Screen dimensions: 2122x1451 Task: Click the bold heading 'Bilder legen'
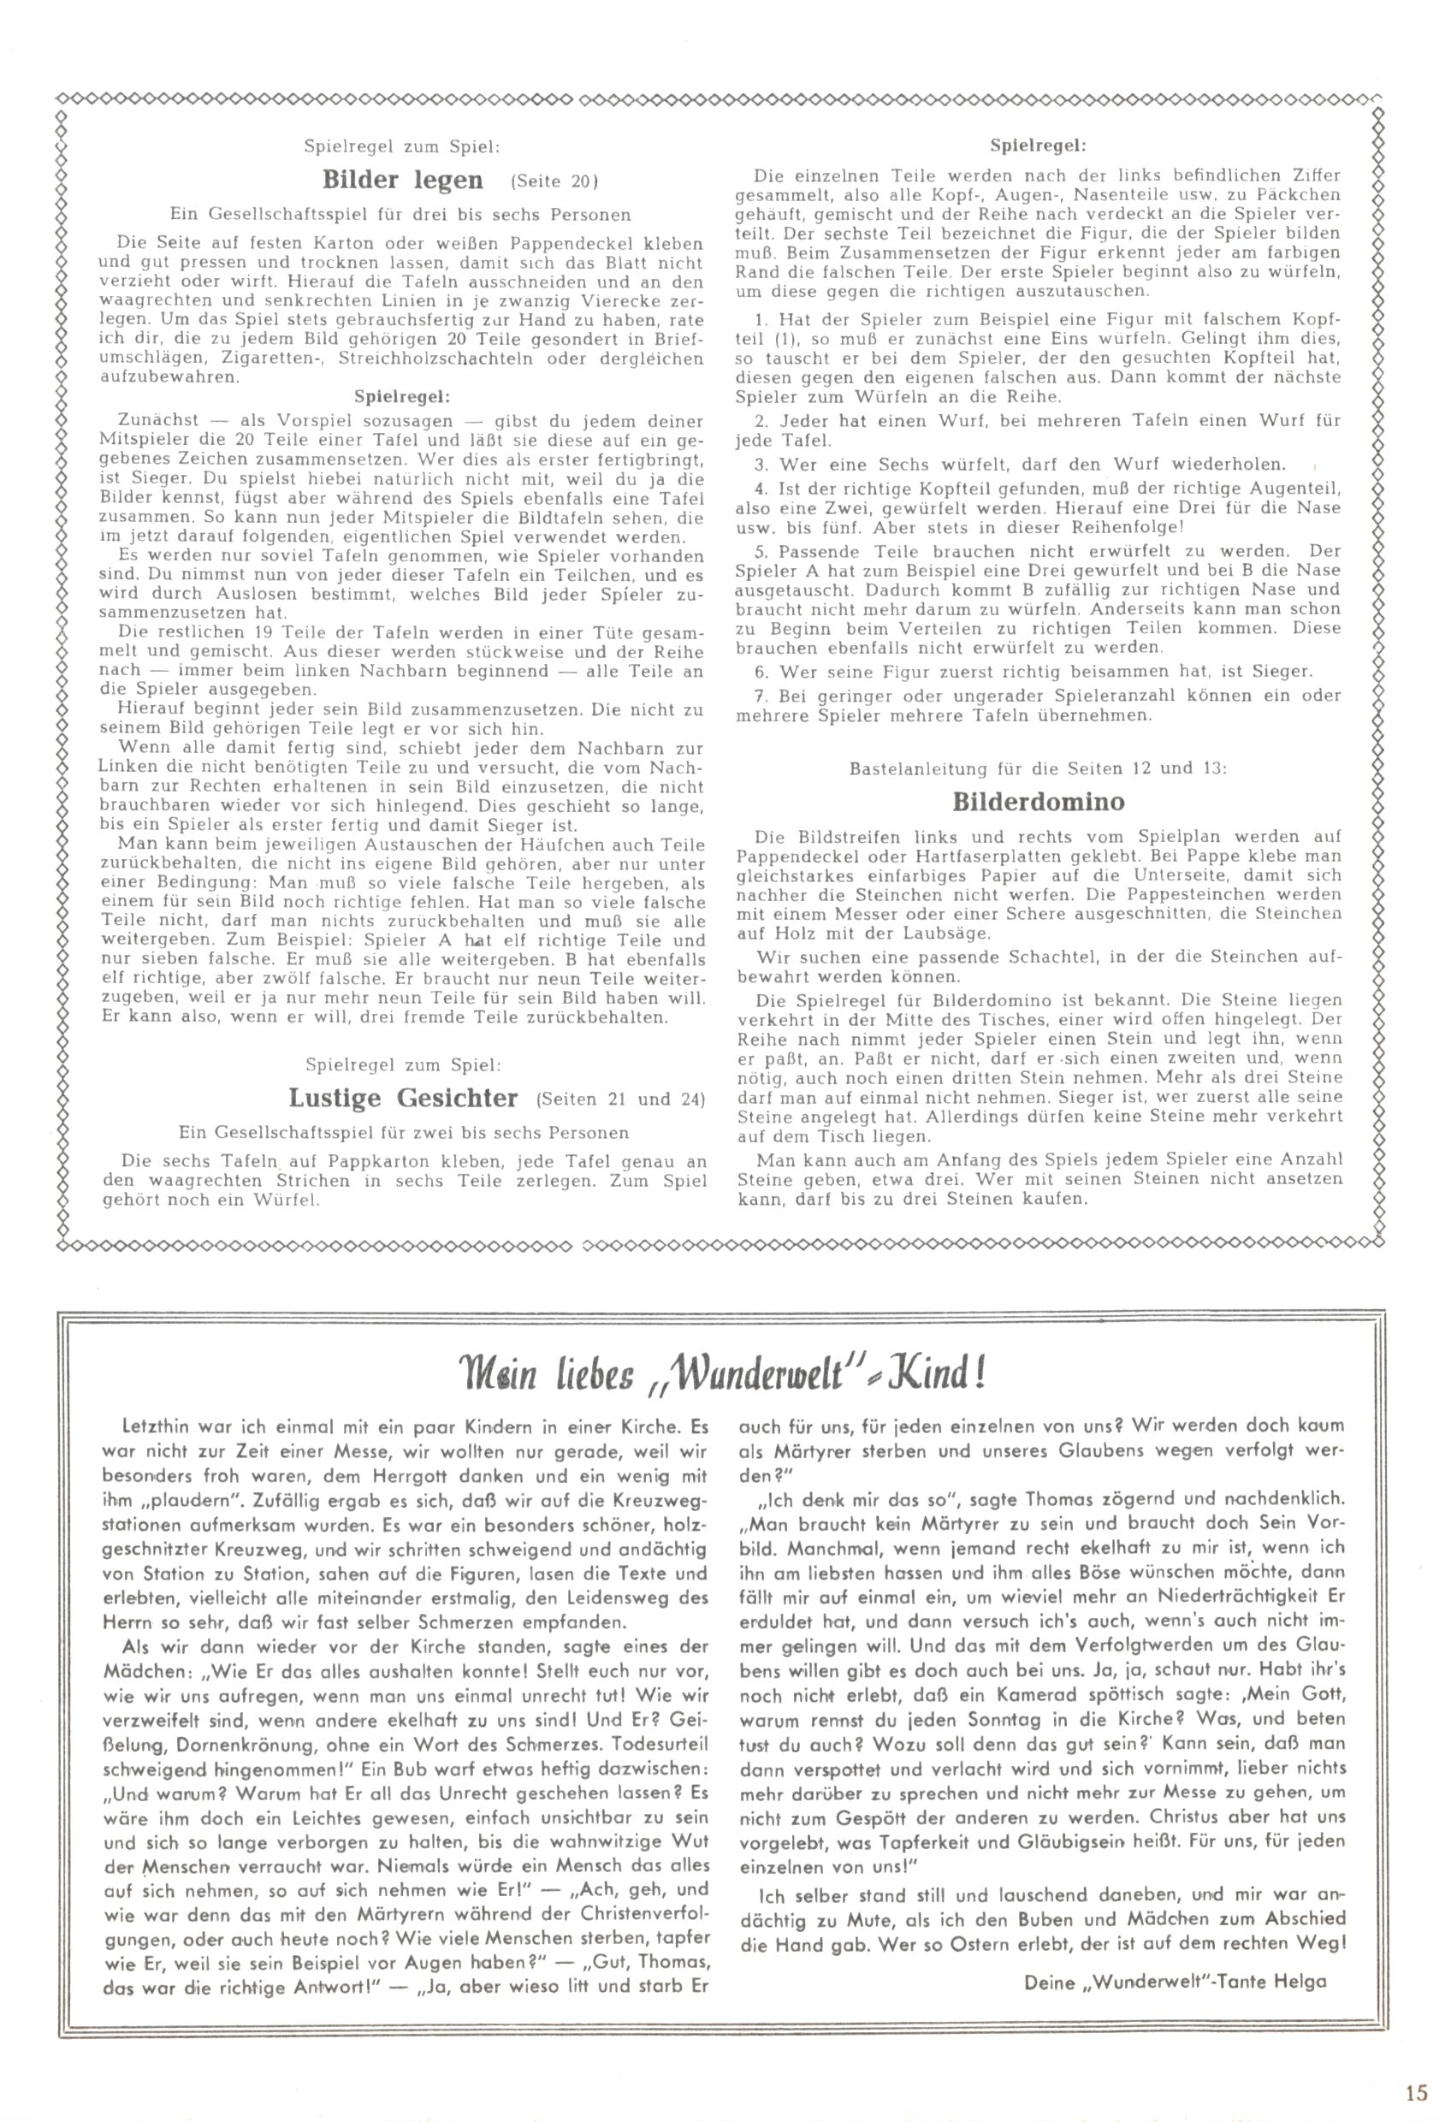click(403, 179)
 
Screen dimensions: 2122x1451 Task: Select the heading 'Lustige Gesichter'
click(403, 1098)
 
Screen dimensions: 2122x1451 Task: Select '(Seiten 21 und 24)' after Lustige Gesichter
click(621, 1100)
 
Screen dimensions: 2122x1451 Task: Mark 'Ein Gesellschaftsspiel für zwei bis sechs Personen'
click(403, 1133)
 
